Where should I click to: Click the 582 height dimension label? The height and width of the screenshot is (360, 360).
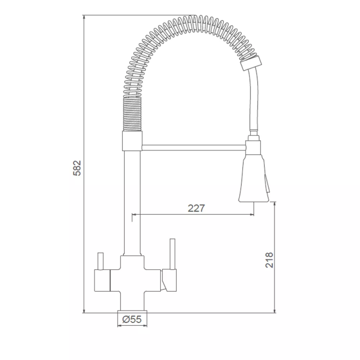coord(77,168)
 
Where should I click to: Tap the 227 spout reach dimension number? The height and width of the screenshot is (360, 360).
coord(196,208)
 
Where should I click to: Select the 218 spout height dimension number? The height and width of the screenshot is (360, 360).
coord(269,260)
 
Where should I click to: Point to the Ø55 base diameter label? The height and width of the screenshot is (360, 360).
coord(132,319)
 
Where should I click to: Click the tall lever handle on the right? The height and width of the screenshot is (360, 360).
coord(172,254)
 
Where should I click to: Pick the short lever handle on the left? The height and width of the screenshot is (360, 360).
coord(100,261)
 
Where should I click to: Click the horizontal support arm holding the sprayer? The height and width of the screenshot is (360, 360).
coord(194,148)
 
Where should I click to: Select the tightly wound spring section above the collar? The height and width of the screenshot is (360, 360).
coord(132,114)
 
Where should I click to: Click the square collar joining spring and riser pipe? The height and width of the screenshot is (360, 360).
coord(132,141)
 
